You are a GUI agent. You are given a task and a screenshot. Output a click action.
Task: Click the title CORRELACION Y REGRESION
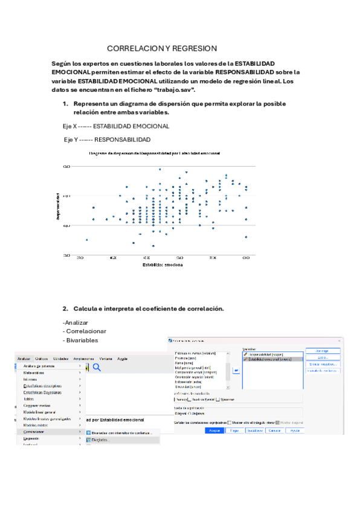162,48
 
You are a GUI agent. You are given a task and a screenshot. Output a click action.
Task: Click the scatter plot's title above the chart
154,153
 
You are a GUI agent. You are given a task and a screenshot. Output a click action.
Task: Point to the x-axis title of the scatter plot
163,264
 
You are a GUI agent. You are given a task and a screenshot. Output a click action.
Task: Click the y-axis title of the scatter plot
57,206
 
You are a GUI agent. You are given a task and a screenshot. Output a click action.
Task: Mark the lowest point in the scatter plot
153,246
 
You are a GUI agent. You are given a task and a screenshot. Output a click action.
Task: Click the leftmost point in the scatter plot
86,240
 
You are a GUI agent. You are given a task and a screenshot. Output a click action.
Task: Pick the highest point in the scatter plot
160,169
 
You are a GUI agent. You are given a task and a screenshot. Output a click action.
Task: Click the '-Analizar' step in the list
75,322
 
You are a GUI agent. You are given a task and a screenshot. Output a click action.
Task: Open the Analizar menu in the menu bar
24,359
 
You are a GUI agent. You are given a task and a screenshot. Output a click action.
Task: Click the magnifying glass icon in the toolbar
96,367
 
